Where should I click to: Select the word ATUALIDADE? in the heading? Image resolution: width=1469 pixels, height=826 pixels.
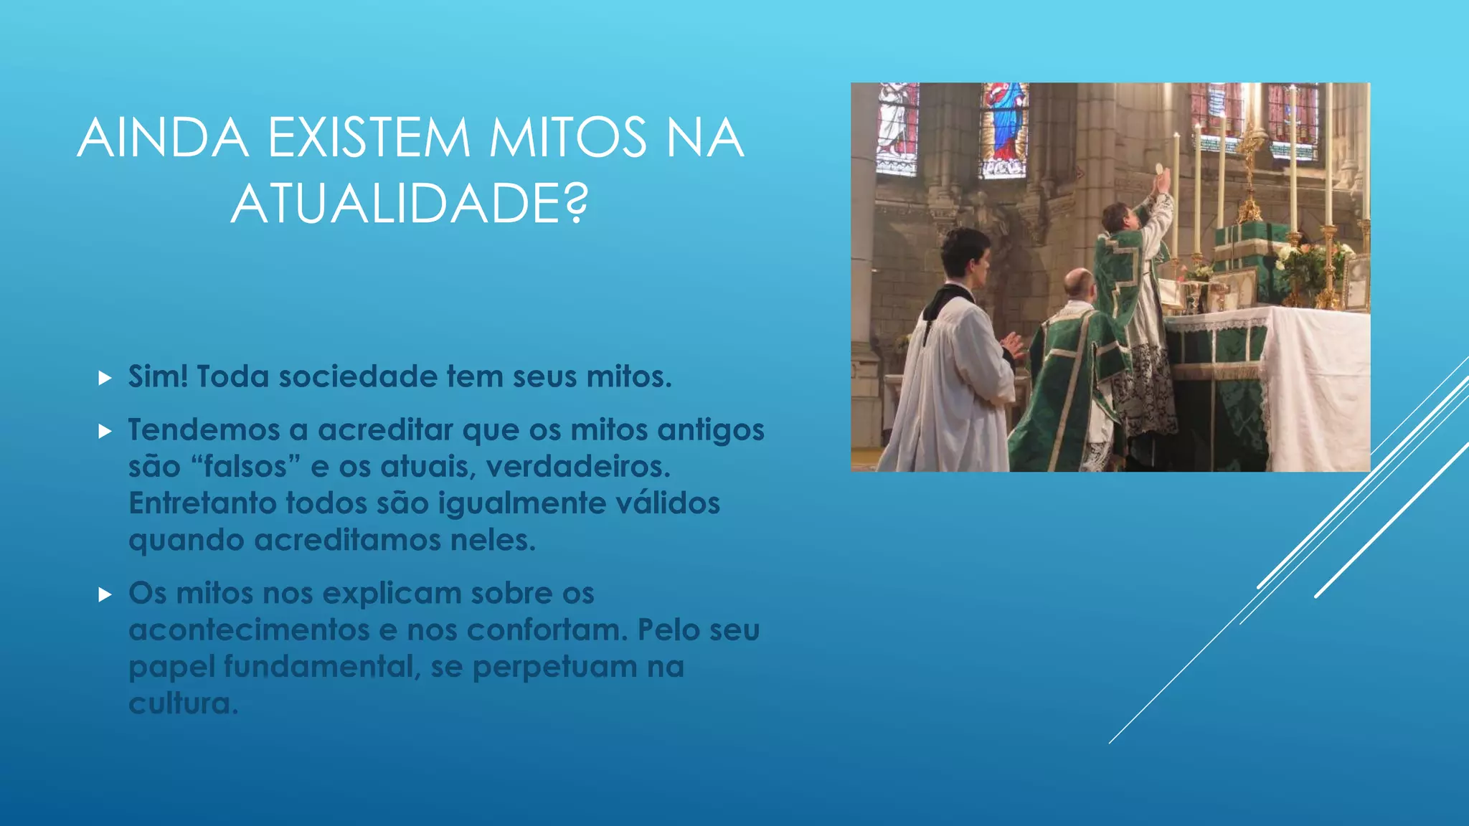(x=409, y=204)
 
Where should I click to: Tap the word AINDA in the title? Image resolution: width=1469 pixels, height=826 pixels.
(x=163, y=138)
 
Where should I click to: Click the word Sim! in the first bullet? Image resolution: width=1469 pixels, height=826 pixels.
(x=158, y=376)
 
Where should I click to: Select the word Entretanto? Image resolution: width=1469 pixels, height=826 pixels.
(x=202, y=503)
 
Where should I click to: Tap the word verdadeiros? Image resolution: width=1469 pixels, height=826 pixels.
(x=577, y=467)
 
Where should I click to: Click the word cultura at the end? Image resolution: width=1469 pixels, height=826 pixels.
(x=182, y=703)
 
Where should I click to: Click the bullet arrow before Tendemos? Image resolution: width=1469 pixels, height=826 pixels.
(x=105, y=431)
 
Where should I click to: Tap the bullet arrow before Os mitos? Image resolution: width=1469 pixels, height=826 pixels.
(x=105, y=594)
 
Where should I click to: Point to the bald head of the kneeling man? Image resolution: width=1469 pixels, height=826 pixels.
(x=1077, y=283)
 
